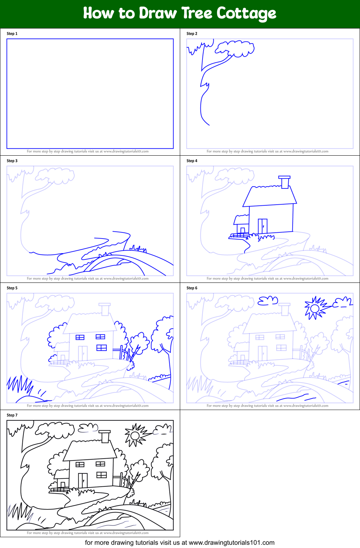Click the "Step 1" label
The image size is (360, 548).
tap(12, 34)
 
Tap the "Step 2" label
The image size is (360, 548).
tap(192, 34)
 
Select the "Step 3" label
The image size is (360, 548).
tap(12, 161)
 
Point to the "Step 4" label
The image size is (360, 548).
tap(192, 161)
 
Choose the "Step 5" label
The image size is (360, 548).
tap(12, 288)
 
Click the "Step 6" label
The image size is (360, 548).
tap(192, 288)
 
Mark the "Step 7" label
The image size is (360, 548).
tap(12, 415)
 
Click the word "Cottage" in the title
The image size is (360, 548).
tap(246, 14)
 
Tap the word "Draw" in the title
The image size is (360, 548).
tap(158, 13)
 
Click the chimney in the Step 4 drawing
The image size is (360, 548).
tap(285, 182)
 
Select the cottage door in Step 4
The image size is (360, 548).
tap(263, 226)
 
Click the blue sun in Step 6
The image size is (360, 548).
tap(315, 308)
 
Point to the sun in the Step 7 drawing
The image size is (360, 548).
tap(135, 436)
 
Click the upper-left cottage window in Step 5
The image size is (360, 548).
tap(80, 337)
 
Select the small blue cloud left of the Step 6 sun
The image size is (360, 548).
tap(268, 300)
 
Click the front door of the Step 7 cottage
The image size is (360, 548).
tap(83, 480)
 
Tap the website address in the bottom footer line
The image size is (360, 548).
tap(231, 543)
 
